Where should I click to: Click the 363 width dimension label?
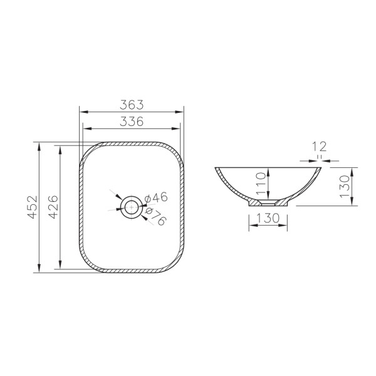click(132, 105)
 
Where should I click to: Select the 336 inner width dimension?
click(132, 122)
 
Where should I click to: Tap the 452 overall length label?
click(33, 207)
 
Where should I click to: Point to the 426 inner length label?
click(53, 207)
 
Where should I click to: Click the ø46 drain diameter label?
click(156, 198)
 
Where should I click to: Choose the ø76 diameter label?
click(156, 217)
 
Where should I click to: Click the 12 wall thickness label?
click(319, 147)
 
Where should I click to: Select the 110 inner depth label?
click(261, 184)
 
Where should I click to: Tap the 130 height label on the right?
click(345, 186)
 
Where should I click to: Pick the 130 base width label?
click(268, 218)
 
